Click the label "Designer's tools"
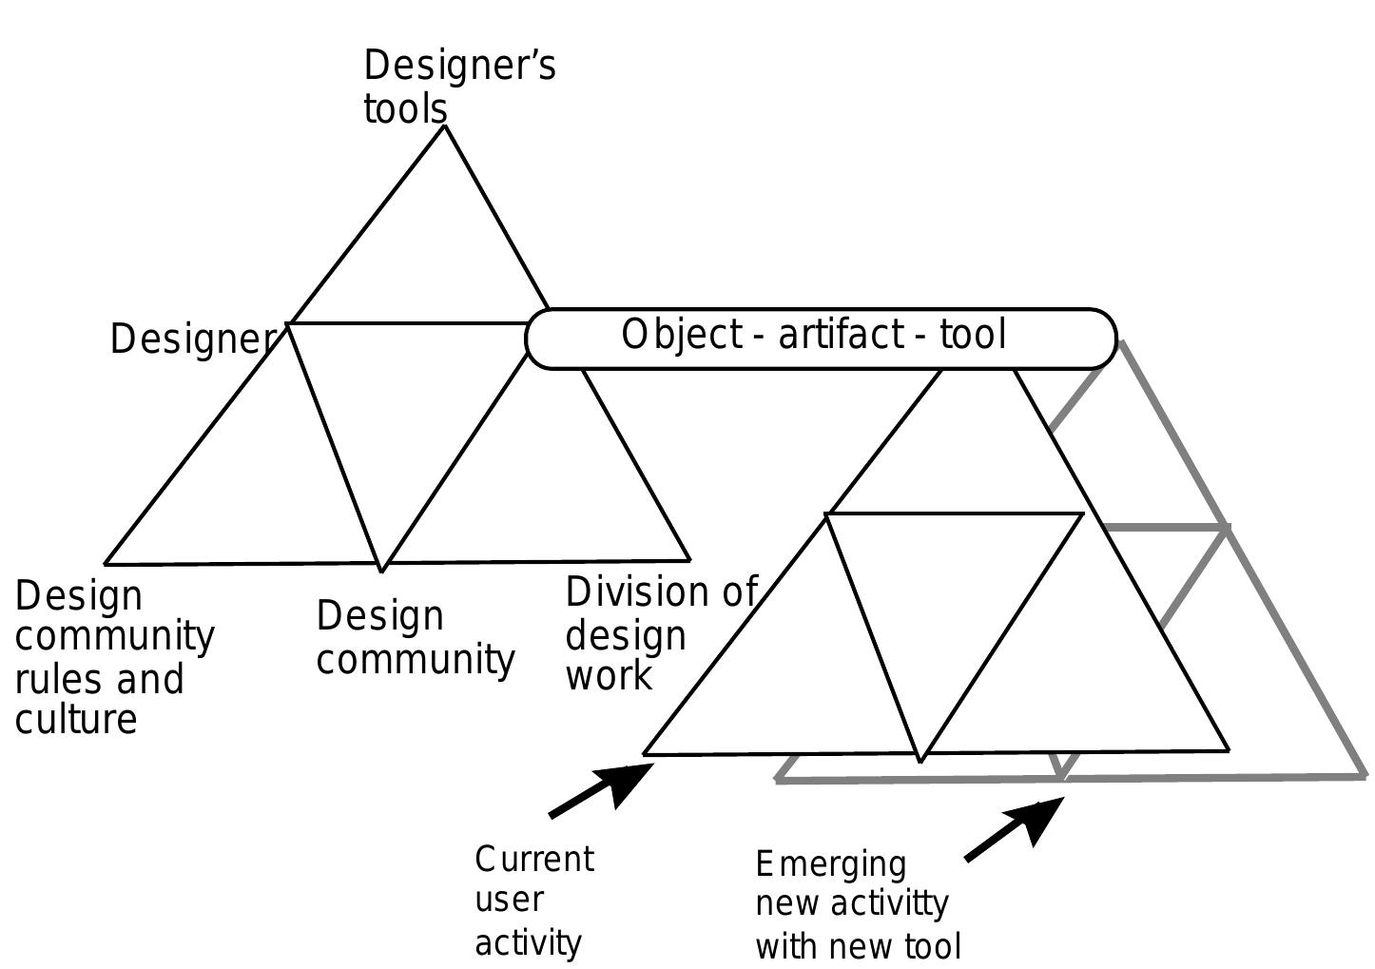tap(459, 87)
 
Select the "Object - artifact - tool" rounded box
tap(820, 338)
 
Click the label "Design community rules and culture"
tap(114, 656)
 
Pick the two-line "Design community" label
tap(415, 638)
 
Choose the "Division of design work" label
tap(660, 633)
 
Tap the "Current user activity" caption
tap(533, 900)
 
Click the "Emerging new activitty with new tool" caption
tap(858, 904)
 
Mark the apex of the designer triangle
tap(444, 126)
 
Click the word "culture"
tap(76, 719)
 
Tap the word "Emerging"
tap(830, 864)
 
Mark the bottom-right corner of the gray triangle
tap(1364, 776)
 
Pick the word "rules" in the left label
tap(58, 679)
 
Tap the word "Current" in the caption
tap(534, 859)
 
